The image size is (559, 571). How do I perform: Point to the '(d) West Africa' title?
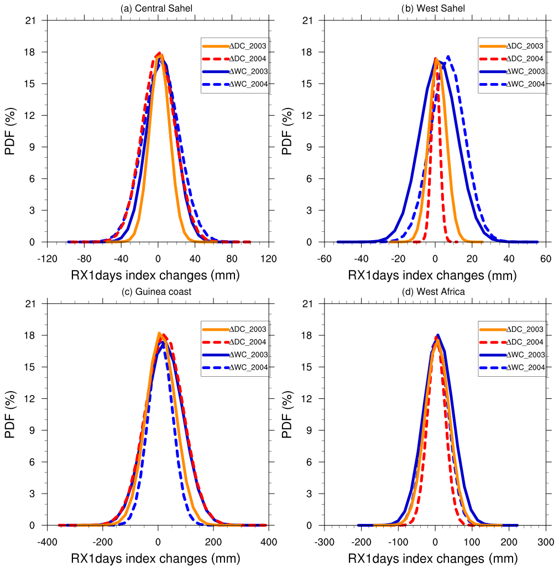[x=435, y=292]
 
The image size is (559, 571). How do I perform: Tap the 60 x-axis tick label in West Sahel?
[x=546, y=258]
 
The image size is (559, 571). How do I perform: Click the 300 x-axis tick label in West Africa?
[x=546, y=541]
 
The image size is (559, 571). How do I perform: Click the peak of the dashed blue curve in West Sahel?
[x=448, y=56]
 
